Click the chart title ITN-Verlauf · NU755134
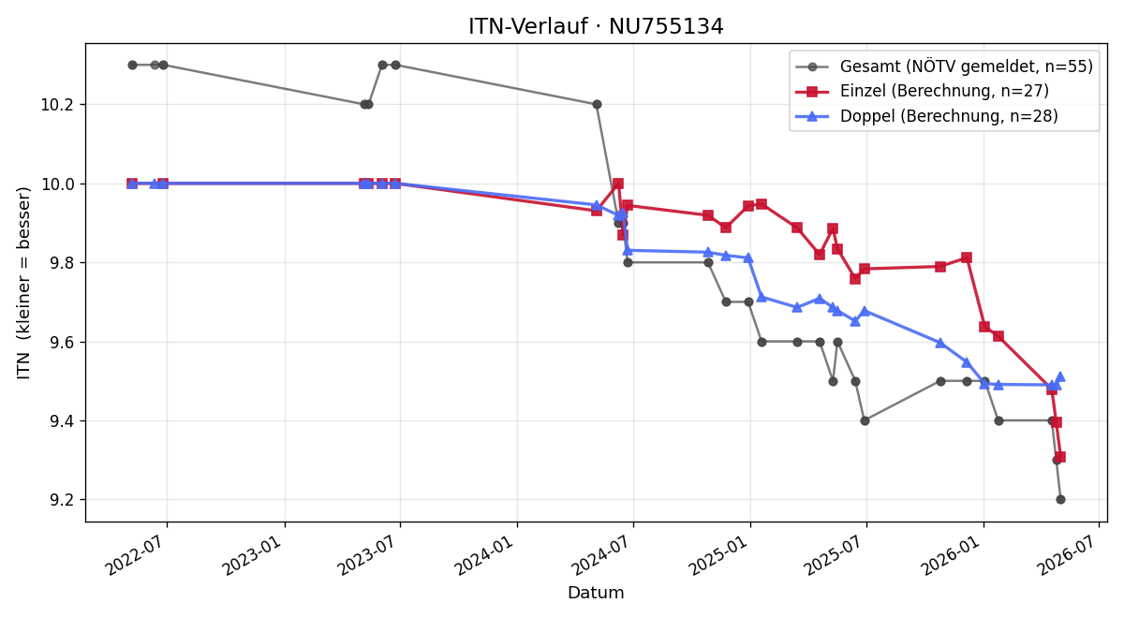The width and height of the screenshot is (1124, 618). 596,26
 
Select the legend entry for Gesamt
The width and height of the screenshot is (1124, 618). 944,66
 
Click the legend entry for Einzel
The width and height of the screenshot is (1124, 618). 923,91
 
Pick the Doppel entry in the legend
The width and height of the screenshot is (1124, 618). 926,116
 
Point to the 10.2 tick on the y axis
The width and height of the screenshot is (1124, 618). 57,105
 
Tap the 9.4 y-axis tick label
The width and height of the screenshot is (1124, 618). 61,421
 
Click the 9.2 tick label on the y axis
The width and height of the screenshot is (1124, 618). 61,500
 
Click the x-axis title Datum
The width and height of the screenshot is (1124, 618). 596,593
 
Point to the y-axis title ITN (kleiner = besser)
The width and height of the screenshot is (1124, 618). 23,284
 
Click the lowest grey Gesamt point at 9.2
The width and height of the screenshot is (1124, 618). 1060,500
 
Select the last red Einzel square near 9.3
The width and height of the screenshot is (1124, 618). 1060,457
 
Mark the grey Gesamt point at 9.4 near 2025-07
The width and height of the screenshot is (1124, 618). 865,420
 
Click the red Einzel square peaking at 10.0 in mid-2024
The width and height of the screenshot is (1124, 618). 618,184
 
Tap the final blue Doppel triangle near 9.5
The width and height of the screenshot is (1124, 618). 1060,376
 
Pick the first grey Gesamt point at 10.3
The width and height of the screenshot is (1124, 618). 132,65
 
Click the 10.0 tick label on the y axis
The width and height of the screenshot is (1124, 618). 57,184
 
